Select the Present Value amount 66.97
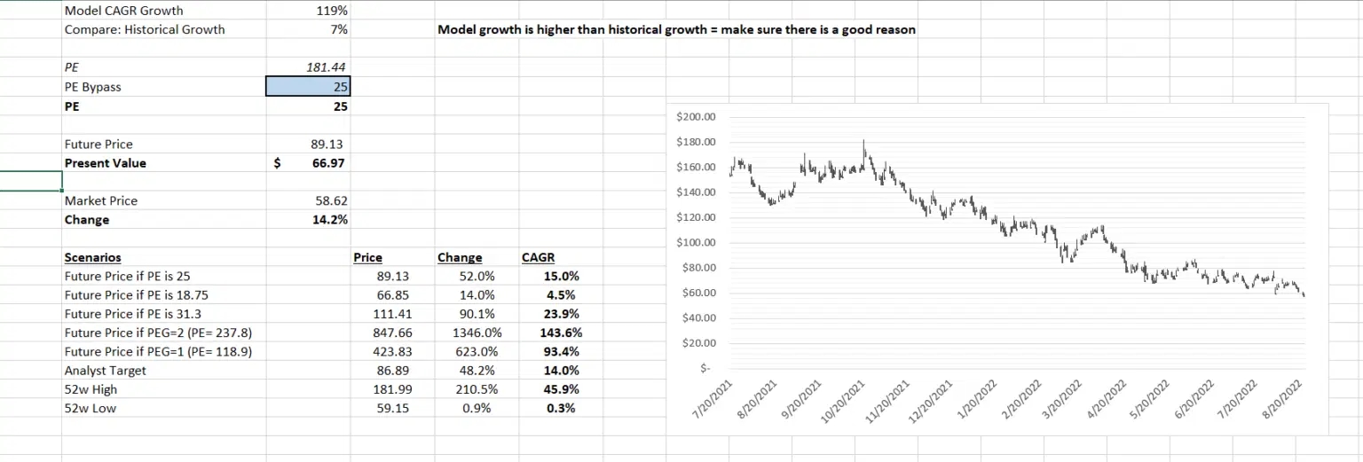pos(328,163)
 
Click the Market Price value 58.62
pos(328,201)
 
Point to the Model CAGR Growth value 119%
pos(332,11)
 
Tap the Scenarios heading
pos(92,258)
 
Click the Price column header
pos(367,258)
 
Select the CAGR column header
pos(538,258)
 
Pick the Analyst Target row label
pos(105,371)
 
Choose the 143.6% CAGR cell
pos(560,333)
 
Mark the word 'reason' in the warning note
pos(894,30)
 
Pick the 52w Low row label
pos(91,409)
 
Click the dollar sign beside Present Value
pos(278,163)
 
